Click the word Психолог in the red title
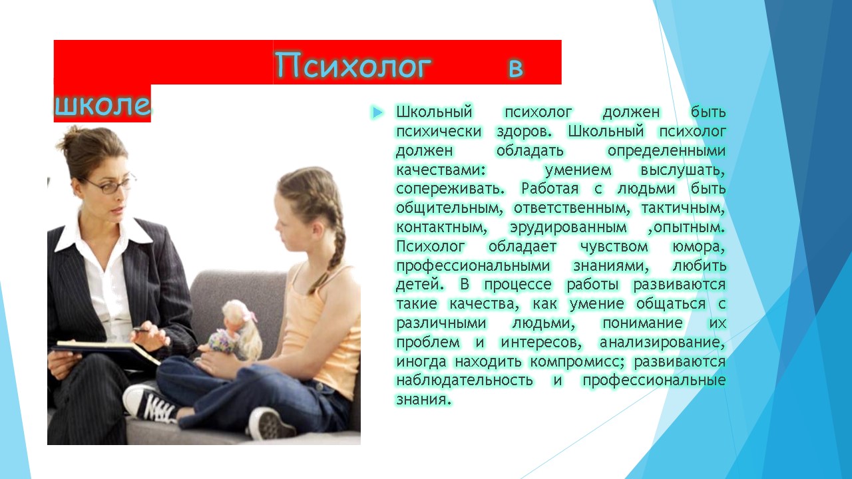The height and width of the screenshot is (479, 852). tap(353, 65)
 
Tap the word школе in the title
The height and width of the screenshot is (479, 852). tap(103, 104)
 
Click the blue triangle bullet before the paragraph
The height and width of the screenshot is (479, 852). tap(377, 112)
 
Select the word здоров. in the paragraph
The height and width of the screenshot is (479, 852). tap(524, 132)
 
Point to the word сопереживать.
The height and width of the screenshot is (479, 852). tap(451, 190)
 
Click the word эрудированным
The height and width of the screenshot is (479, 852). tap(568, 228)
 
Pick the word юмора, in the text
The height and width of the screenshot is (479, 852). tap(698, 247)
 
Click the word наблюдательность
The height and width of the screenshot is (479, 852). tap(465, 381)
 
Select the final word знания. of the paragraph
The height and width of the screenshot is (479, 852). tap(423, 400)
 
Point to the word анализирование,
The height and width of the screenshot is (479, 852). tap(662, 343)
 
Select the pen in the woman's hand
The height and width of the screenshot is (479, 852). tap(142, 329)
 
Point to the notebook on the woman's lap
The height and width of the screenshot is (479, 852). tap(106, 352)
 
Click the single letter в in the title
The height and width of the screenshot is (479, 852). tap(516, 69)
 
